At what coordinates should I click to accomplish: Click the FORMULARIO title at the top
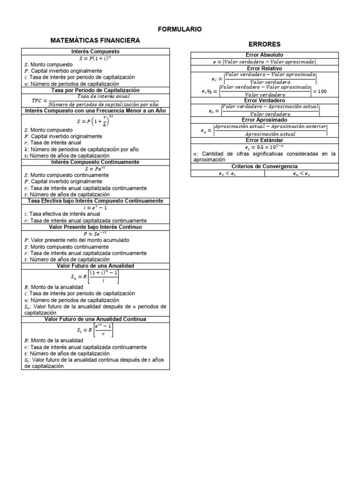[180, 29]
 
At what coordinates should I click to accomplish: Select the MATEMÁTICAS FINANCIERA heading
[95, 41]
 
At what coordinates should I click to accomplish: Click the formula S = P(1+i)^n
[95, 58]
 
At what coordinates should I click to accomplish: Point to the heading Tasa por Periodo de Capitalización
[95, 90]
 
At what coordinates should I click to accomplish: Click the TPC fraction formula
[95, 100]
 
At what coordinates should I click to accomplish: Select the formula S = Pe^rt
[95, 168]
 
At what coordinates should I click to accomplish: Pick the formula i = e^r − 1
[95, 207]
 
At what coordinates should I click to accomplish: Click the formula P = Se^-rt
[95, 233]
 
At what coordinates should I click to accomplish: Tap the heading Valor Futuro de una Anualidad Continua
[95, 319]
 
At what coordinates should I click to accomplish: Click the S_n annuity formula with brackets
[95, 277]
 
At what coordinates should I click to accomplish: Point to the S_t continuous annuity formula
[95, 330]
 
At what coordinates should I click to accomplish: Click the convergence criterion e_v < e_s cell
[227, 173]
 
